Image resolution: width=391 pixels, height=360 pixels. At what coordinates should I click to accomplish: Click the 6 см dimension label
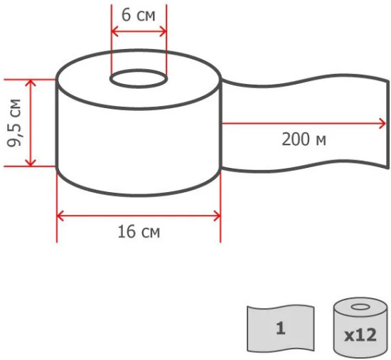(x=139, y=15)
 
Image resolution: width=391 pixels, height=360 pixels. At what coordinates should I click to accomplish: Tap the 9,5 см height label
(x=14, y=123)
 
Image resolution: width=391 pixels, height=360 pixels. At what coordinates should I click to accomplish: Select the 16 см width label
(x=139, y=232)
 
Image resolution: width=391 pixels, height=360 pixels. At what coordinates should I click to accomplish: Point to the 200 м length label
(x=304, y=139)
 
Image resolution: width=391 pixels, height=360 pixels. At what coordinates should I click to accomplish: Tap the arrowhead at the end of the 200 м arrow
(x=382, y=124)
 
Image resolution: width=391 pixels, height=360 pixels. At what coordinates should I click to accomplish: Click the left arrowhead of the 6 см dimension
(x=114, y=32)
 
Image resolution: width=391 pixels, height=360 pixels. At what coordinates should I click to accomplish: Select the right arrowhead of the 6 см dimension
(x=163, y=32)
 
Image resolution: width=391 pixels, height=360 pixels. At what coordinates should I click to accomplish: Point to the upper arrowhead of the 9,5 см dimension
(x=31, y=83)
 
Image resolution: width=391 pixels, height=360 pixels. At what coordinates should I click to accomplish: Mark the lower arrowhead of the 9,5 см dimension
(x=31, y=163)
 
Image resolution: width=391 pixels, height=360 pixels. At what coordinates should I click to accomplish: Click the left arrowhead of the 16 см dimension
(x=60, y=216)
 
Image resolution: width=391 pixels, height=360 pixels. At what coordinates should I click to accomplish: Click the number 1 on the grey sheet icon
(x=281, y=328)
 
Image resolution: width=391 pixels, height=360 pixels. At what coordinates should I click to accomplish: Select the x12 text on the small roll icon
(x=360, y=335)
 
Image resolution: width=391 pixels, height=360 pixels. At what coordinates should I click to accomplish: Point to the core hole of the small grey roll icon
(x=360, y=307)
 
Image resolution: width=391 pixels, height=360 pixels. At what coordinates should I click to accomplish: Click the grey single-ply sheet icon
(x=281, y=328)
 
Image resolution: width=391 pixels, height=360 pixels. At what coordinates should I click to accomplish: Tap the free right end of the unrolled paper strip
(x=388, y=125)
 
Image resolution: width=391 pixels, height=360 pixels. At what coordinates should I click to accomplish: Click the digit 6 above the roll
(x=126, y=15)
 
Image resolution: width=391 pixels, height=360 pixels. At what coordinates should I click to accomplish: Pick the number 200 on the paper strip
(x=295, y=139)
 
